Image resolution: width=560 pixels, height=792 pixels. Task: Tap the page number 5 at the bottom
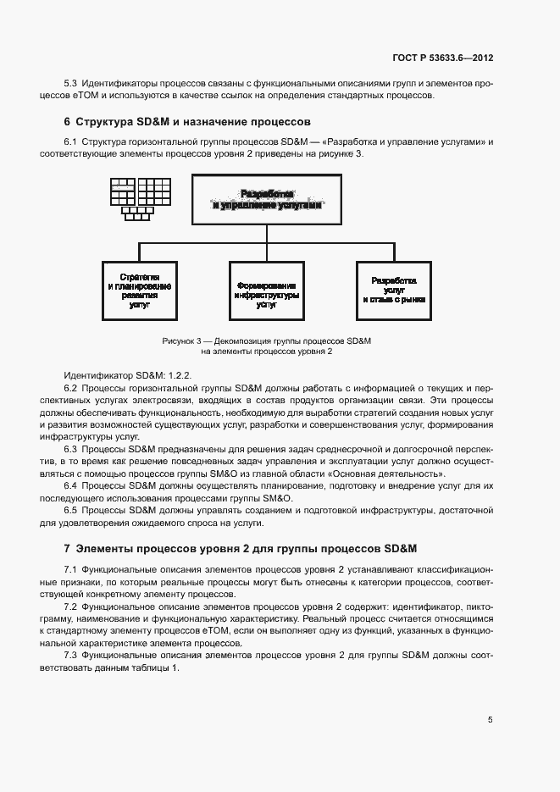[x=490, y=720]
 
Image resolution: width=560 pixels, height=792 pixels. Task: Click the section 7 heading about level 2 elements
[x=239, y=548]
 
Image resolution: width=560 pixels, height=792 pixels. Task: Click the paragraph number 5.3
[x=70, y=83]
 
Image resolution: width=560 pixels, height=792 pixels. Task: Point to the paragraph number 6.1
[x=70, y=141]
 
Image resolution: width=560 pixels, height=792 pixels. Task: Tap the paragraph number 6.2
[x=70, y=387]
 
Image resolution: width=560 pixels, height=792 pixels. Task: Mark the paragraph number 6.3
[x=70, y=448]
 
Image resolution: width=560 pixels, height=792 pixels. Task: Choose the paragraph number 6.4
[x=70, y=485]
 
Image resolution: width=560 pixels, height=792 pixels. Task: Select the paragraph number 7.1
[x=70, y=570]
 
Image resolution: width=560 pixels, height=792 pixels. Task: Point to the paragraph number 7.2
[x=70, y=607]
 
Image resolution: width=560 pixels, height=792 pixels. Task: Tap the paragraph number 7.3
[x=70, y=656]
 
